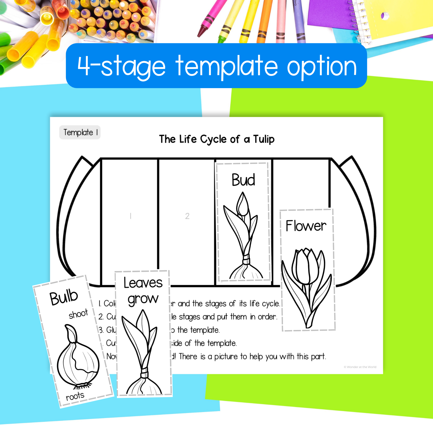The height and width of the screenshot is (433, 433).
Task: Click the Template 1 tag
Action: pos(80,132)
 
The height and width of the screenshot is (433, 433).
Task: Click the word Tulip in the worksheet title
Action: pos(264,140)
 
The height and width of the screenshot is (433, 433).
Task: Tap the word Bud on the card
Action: pos(243,180)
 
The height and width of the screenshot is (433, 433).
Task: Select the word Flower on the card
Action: pos(306,226)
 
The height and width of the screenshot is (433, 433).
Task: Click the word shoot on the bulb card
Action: pos(78,314)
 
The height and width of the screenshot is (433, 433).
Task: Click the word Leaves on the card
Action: pos(143,283)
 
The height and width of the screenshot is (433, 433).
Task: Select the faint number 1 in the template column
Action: pos(131,216)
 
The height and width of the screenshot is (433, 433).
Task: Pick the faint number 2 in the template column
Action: pos(187,216)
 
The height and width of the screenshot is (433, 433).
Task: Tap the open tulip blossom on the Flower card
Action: pos(305,266)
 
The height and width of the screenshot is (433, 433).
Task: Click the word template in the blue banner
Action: pos(227,67)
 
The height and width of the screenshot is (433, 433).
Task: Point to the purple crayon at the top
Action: pos(299,20)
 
